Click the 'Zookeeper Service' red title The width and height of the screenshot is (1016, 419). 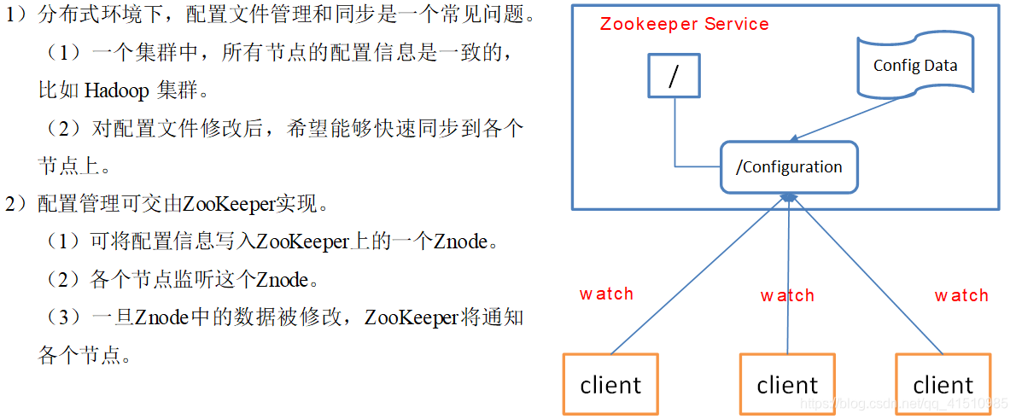click(x=684, y=24)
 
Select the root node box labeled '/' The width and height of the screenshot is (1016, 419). click(x=674, y=76)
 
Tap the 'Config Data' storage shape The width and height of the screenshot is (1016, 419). click(x=915, y=65)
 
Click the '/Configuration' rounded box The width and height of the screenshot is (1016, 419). click(x=789, y=167)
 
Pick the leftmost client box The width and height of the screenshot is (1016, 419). click(x=610, y=385)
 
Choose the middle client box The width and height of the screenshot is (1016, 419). click(x=786, y=385)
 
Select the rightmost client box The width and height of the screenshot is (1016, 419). click(x=943, y=385)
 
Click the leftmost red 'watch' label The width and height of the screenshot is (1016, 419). click(x=606, y=294)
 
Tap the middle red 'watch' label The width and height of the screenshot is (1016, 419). click(x=787, y=295)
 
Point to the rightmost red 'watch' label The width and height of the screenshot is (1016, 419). click(x=961, y=295)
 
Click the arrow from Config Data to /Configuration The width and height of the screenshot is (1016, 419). click(x=845, y=119)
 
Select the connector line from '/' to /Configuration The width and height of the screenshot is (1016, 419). click(x=676, y=137)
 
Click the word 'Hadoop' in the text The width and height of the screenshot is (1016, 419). click(x=117, y=90)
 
